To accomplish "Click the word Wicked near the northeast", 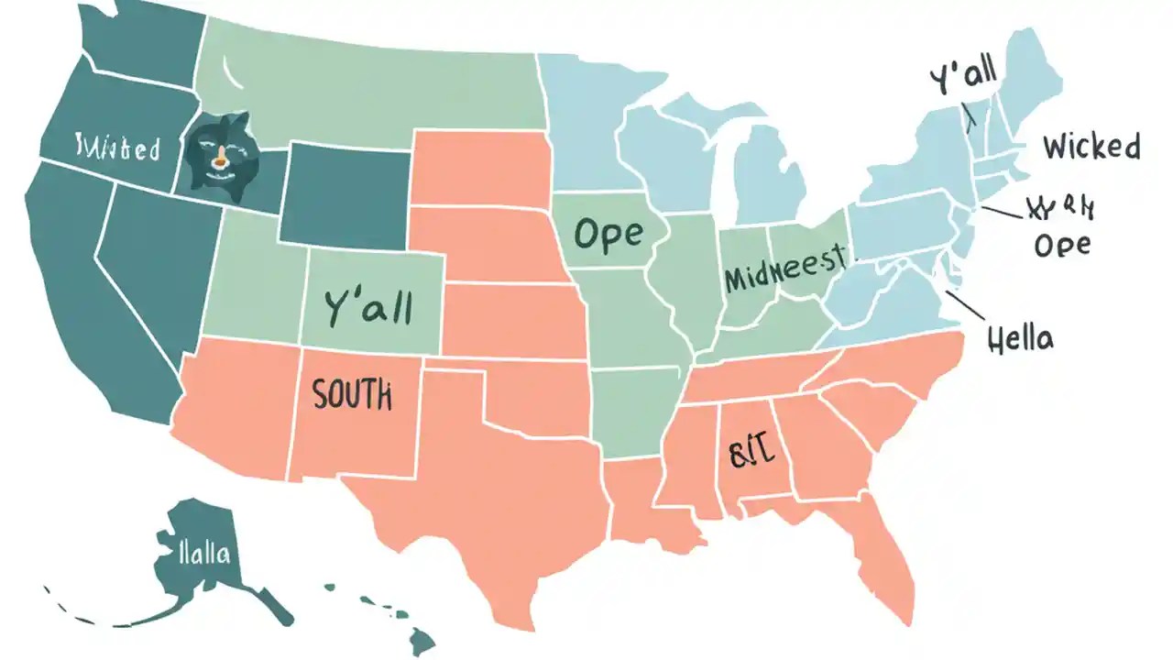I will tap(1091, 147).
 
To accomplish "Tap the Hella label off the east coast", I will tap(1021, 339).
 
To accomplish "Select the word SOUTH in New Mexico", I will tap(352, 395).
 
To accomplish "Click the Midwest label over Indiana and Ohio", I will tap(785, 269).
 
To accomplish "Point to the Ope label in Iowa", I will tap(608, 235).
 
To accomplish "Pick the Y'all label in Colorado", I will tap(368, 307).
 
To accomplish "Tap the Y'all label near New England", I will tap(963, 80).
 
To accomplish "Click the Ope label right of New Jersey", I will tap(1062, 245).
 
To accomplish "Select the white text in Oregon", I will tap(117, 148).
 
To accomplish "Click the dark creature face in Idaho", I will tap(217, 158).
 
